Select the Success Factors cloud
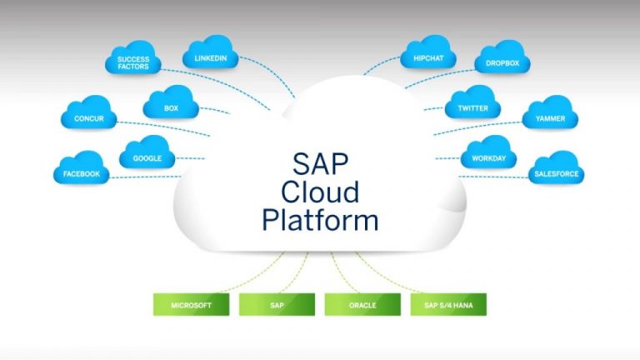pyautogui.click(x=132, y=62)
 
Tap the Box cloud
pyautogui.click(x=171, y=106)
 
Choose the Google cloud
pyautogui.click(x=147, y=156)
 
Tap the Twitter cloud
pyautogui.click(x=472, y=107)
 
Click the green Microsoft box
pyautogui.click(x=191, y=305)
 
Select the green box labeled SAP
pyautogui.click(x=277, y=305)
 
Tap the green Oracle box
pyautogui.click(x=362, y=305)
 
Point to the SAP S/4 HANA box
pyautogui.click(x=448, y=305)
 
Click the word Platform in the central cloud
pyautogui.click(x=320, y=220)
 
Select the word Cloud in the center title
pyautogui.click(x=320, y=191)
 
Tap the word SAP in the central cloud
pyautogui.click(x=320, y=162)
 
